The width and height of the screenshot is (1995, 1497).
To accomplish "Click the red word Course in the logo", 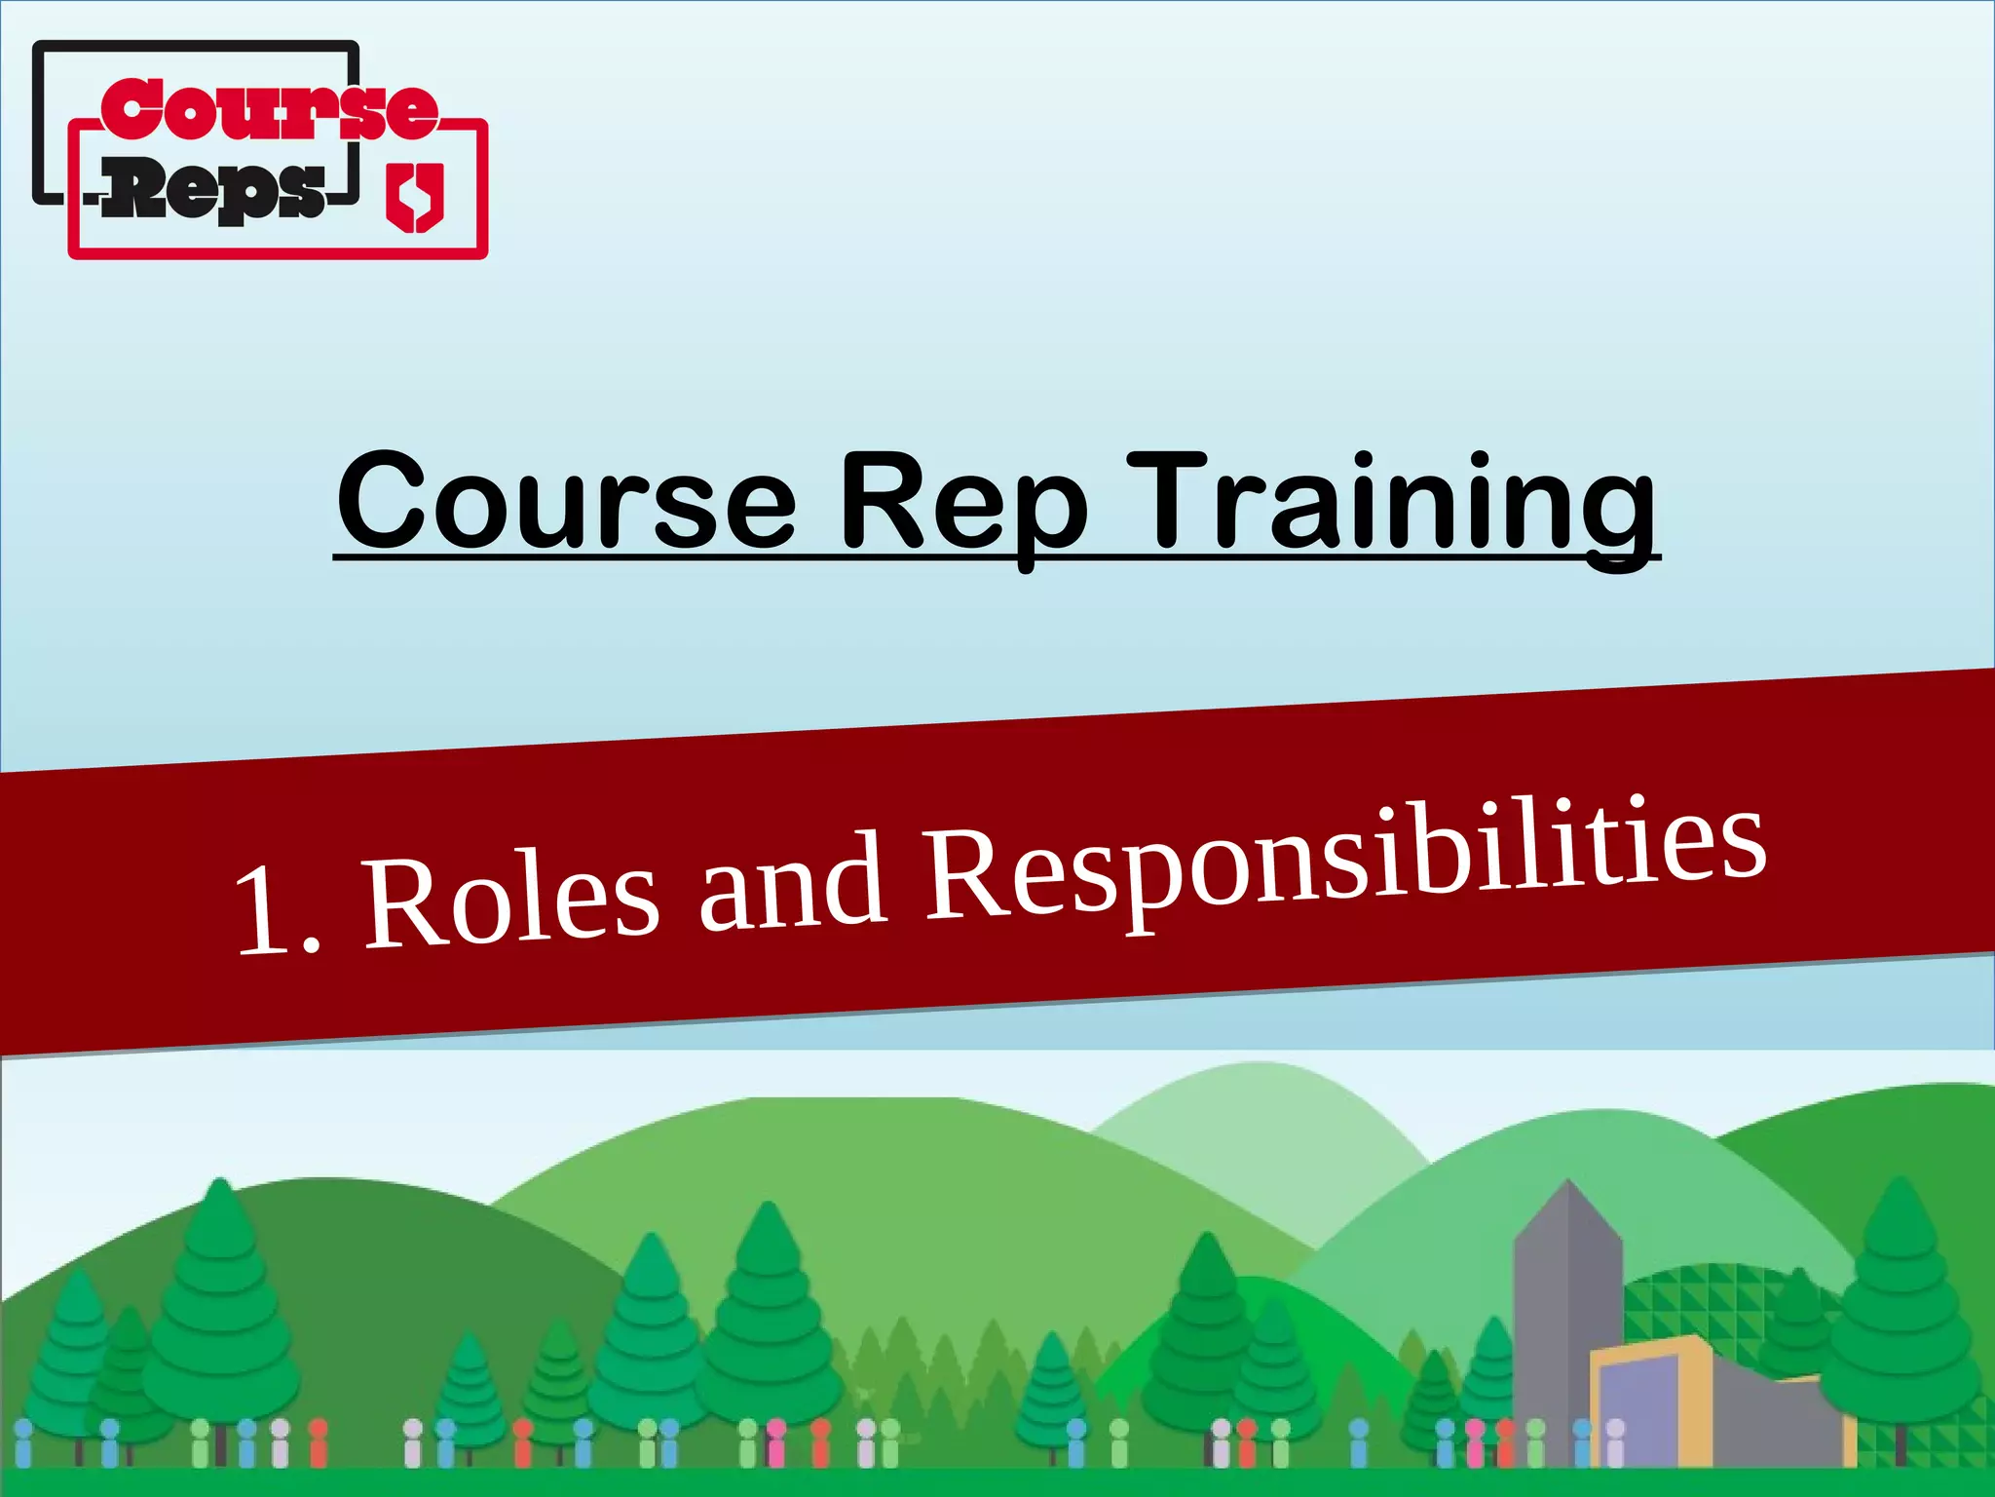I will [x=269, y=109].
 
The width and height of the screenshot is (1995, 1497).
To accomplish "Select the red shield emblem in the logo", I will [x=415, y=198].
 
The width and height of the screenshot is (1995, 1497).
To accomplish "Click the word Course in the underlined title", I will [x=566, y=501].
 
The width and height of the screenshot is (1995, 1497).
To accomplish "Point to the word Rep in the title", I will [x=962, y=503].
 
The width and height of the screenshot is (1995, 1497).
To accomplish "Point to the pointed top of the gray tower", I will [x=1568, y=1185].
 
